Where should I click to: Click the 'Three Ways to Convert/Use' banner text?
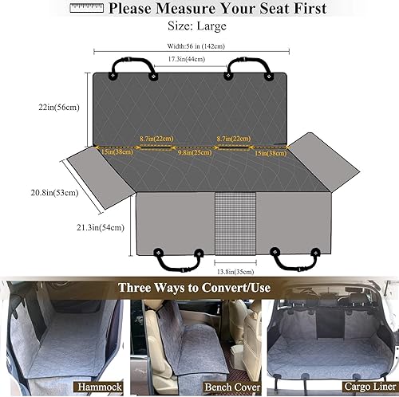click(199, 288)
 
